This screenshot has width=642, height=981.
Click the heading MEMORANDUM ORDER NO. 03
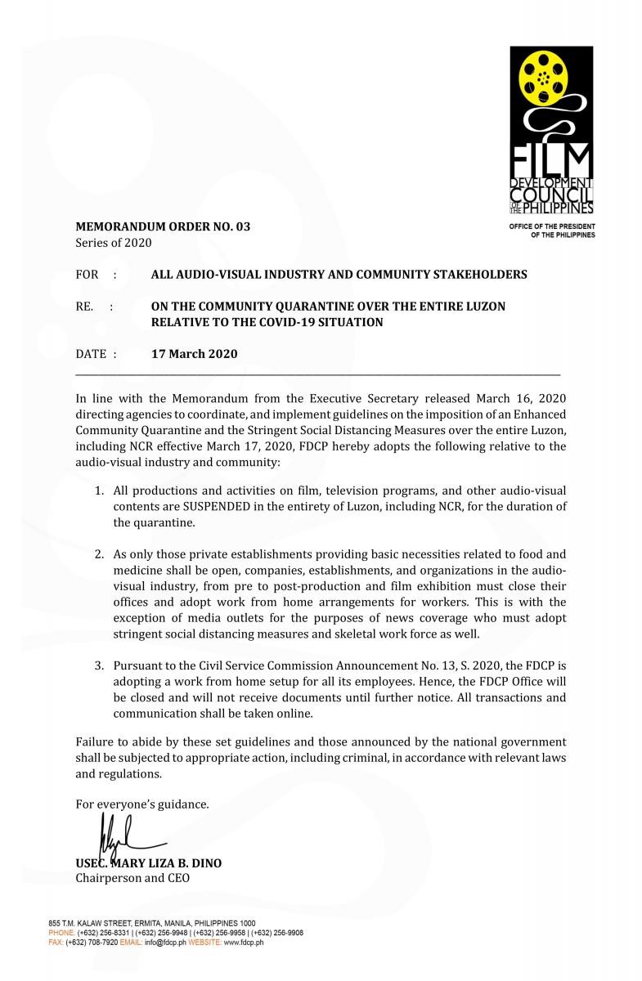[163, 226]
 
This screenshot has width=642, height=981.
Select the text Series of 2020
[113, 243]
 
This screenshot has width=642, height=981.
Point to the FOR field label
[87, 275]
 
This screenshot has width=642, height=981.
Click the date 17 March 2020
[195, 354]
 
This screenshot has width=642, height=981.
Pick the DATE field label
[91, 354]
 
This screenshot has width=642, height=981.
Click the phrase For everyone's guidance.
[141, 804]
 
